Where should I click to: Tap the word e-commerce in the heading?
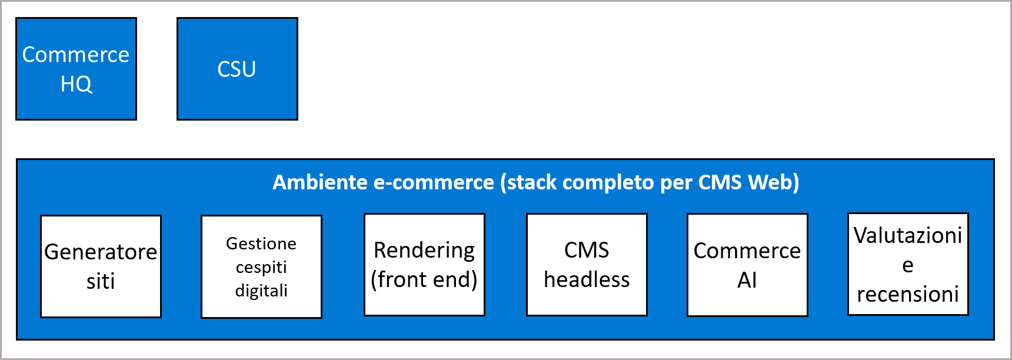coord(434,182)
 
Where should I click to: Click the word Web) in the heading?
coord(773,182)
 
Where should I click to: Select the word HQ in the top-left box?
coord(76,84)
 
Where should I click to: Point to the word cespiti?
coord(261,267)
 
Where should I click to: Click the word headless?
coord(587,279)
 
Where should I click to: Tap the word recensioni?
coord(908,294)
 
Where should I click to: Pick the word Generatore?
coord(101,252)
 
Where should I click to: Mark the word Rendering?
coord(424,250)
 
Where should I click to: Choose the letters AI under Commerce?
coord(747,280)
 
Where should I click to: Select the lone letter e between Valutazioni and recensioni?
coord(908,265)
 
